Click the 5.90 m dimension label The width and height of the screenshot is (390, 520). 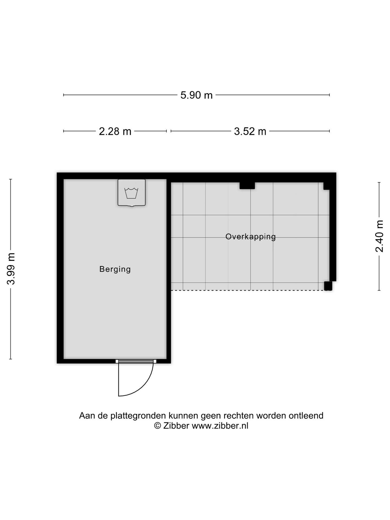(x=196, y=95)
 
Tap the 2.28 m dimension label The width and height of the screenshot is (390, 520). (x=115, y=131)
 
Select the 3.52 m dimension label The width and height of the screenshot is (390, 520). (x=250, y=131)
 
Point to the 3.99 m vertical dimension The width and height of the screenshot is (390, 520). (x=11, y=269)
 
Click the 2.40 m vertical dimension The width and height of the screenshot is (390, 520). (x=379, y=236)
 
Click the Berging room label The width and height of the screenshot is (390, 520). (x=115, y=269)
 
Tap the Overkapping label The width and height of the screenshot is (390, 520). (x=251, y=237)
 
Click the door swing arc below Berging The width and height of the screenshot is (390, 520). (x=144, y=386)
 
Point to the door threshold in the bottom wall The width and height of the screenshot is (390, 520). (x=136, y=361)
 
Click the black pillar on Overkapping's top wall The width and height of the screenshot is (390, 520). (x=247, y=186)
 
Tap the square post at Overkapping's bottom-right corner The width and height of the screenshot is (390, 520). (x=328, y=286)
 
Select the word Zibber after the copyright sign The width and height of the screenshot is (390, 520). (x=176, y=426)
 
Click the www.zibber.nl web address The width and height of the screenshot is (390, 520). (x=220, y=426)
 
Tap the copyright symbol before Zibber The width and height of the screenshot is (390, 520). (x=157, y=426)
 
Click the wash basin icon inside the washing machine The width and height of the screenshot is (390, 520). (x=131, y=193)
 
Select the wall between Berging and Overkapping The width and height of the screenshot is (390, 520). (x=169, y=271)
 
